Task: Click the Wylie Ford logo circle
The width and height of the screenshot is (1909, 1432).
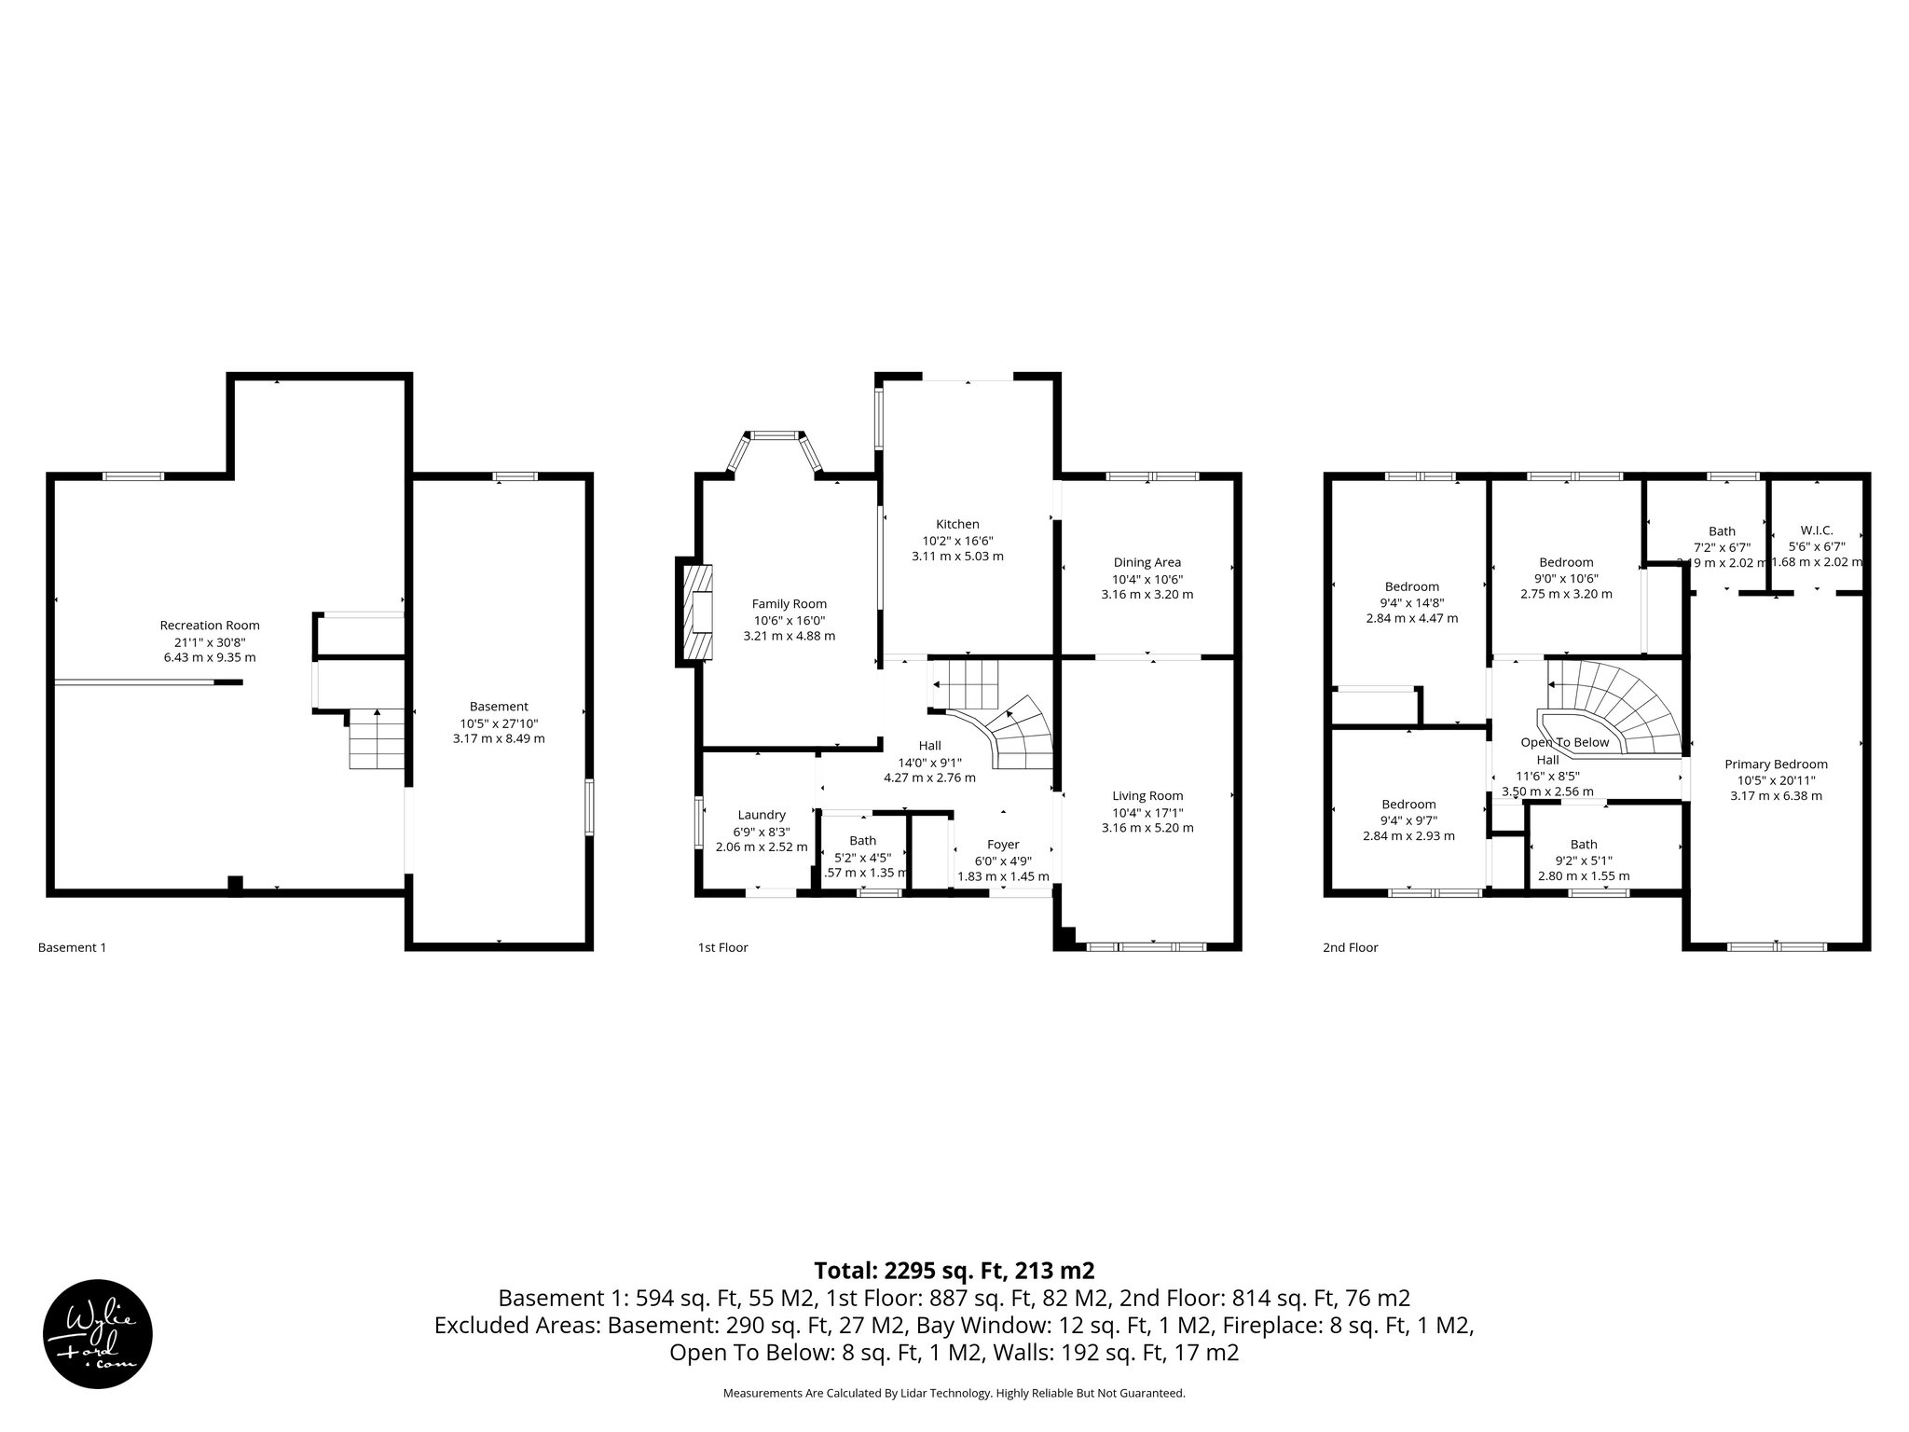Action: coord(98,1332)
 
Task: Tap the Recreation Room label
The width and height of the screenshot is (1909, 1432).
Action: coord(210,626)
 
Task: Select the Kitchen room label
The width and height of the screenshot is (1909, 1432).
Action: coord(957,524)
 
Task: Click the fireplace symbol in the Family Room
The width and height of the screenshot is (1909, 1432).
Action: coord(698,613)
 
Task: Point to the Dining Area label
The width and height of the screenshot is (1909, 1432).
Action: coord(1147,562)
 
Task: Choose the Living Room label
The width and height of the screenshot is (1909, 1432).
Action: coord(1147,795)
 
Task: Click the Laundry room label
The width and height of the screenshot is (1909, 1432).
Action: coord(762,815)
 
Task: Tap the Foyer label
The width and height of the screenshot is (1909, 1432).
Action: coord(1003,845)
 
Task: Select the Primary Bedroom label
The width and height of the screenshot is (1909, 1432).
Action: coord(1776,764)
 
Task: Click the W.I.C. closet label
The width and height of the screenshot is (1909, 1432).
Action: coord(1816,530)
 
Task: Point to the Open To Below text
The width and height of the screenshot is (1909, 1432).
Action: coord(1565,742)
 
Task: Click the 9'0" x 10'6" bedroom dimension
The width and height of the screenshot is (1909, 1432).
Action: coord(1566,578)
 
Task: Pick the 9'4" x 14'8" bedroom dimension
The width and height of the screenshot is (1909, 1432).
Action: coord(1411,602)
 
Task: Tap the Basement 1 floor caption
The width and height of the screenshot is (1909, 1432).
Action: coord(72,947)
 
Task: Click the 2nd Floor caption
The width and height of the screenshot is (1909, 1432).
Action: coord(1350,947)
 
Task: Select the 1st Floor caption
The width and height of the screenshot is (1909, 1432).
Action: coord(722,947)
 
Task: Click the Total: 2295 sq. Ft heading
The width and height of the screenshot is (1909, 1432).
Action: coord(954,1271)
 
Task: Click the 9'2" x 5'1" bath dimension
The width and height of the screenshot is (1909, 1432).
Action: coord(1583,861)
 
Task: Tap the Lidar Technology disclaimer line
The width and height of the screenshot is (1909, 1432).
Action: coord(954,1393)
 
